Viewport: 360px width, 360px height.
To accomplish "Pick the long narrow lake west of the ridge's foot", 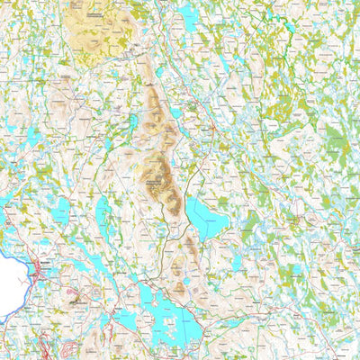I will (x=103, y=216).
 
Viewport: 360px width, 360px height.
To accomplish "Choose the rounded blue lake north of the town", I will (x=61, y=212).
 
